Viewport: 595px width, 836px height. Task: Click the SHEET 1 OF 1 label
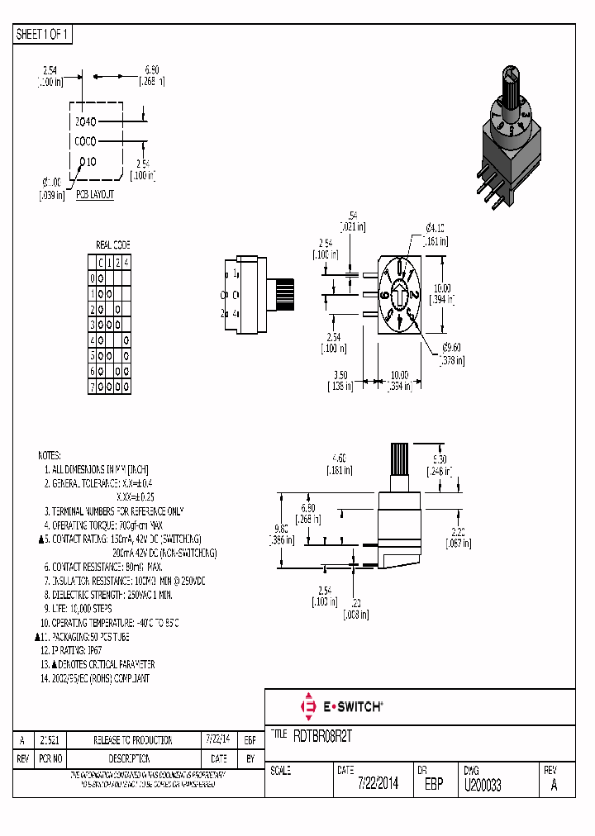pos(44,35)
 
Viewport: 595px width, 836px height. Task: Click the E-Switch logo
pos(340,706)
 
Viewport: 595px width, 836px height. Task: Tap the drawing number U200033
pos(483,785)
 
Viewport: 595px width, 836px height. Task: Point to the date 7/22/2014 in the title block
pos(378,785)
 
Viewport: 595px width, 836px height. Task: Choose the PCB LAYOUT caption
pos(94,195)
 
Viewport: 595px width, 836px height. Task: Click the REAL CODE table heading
pos(113,245)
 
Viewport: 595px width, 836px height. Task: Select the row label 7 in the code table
pos(93,386)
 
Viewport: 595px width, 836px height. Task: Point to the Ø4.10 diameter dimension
pos(436,228)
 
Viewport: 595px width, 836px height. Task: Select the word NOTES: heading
pos(50,455)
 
